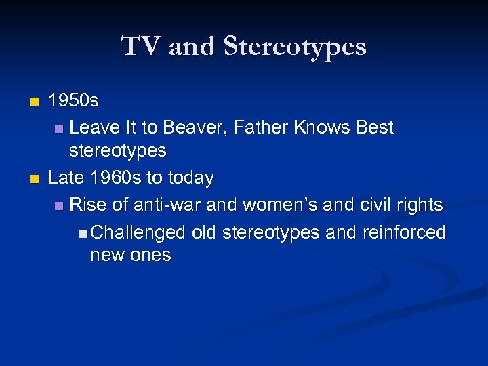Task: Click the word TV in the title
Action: (x=141, y=47)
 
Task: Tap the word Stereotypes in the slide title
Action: (x=295, y=47)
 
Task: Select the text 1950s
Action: (x=73, y=102)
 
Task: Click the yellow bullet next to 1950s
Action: (x=35, y=102)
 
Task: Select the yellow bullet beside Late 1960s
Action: (x=35, y=179)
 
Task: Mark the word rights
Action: (x=419, y=204)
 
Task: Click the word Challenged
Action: (x=138, y=232)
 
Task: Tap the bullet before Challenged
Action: (x=82, y=233)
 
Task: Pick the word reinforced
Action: (x=404, y=232)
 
